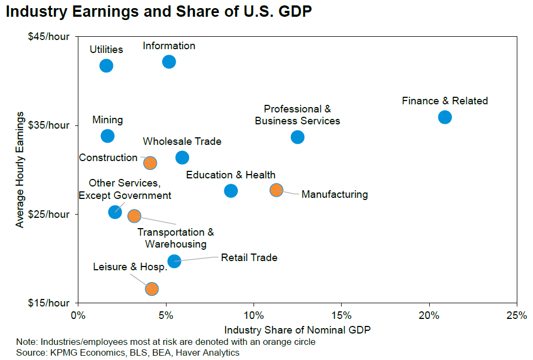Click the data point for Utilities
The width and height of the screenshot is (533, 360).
106,65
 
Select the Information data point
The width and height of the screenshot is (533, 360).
169,62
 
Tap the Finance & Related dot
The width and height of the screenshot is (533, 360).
445,117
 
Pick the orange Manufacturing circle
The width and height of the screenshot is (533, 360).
276,190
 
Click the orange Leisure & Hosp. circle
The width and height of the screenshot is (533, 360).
152,289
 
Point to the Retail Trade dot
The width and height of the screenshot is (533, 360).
174,261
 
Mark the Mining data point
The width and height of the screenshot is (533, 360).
108,136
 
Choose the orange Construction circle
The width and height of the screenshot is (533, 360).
150,163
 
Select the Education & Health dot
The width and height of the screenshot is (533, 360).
231,190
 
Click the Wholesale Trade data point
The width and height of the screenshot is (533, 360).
182,157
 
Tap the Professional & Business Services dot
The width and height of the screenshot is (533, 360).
297,137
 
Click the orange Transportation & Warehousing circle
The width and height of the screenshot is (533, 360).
134,216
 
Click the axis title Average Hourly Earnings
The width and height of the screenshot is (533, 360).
20,170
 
